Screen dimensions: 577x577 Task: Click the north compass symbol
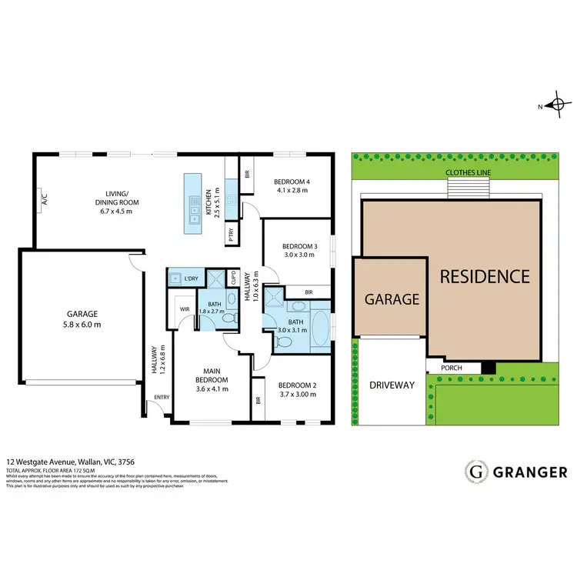[x=559, y=106]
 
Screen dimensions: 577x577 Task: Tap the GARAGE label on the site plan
[x=392, y=299]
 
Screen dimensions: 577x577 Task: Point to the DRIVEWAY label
[x=392, y=385]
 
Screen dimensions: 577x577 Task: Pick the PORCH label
[x=452, y=368]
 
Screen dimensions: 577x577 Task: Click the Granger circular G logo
[x=477, y=471]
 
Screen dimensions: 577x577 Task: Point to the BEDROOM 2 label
[x=296, y=385]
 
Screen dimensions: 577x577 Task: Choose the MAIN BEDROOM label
[x=212, y=375]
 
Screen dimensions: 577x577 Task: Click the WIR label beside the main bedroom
[x=185, y=309]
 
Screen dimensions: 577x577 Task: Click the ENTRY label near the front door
[x=162, y=397]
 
